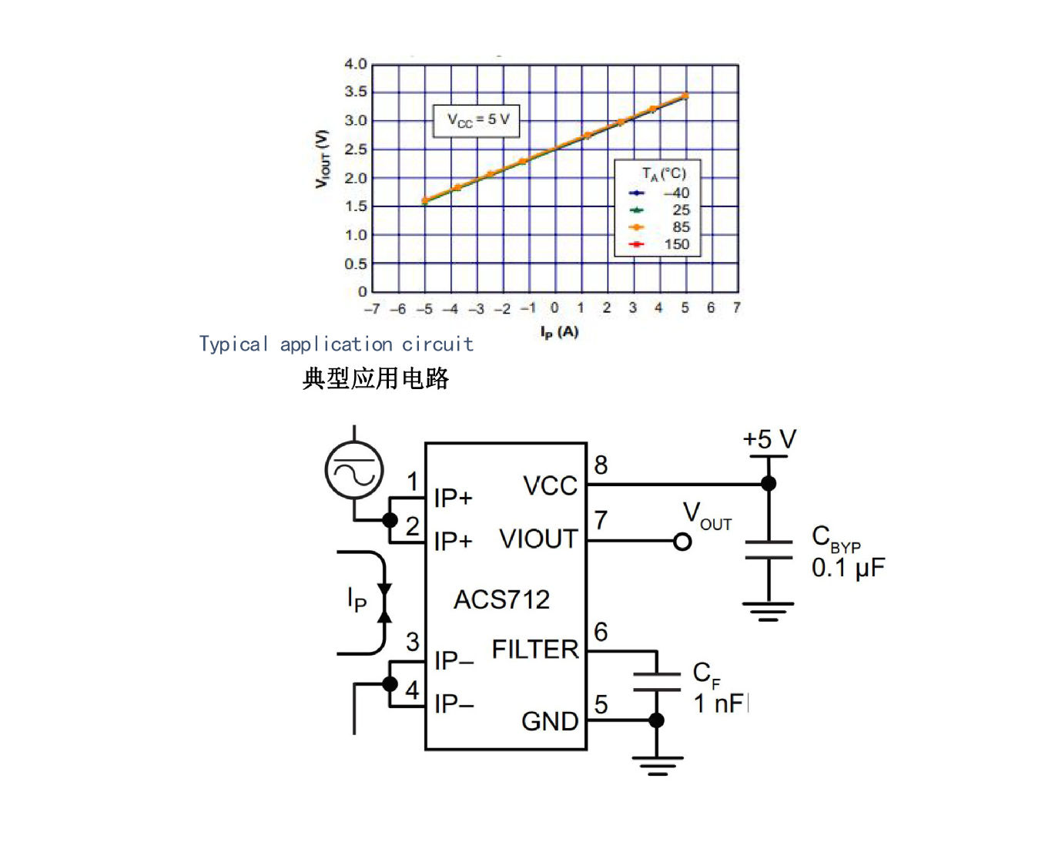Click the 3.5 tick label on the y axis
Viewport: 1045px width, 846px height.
(356, 92)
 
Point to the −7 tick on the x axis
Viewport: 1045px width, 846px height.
(372, 309)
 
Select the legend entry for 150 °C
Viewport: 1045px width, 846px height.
(659, 244)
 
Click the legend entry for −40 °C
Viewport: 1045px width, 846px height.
(659, 193)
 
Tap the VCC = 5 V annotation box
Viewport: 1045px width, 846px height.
(476, 121)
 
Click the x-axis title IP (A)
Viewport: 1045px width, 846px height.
(559, 332)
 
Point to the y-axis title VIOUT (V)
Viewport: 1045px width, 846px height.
(322, 159)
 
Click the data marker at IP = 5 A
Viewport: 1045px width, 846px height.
(685, 96)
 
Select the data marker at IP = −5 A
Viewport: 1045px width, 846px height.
(425, 200)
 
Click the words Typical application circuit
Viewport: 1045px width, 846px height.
(336, 344)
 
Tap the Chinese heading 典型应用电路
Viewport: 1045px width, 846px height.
(375, 378)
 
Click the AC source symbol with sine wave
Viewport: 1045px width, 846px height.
(354, 470)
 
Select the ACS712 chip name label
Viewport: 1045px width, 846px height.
(501, 599)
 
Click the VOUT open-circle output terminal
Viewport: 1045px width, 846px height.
(682, 541)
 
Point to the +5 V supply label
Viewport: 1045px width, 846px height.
(769, 438)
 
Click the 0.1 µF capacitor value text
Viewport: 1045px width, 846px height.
(848, 568)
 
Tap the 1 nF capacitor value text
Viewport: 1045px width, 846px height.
(720, 703)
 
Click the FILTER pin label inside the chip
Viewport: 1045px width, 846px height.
(535, 650)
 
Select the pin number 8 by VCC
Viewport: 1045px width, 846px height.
(601, 465)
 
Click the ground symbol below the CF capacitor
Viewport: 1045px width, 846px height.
(657, 766)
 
